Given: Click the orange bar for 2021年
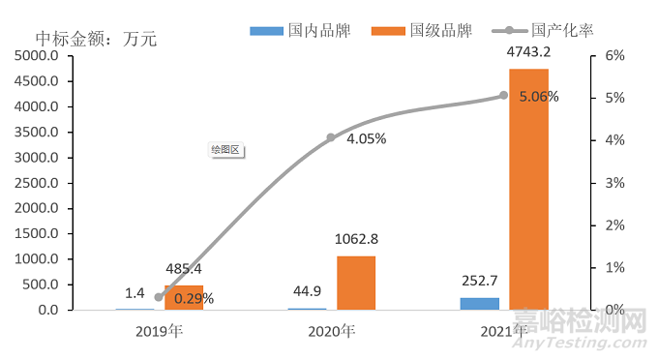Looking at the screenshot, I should [528, 189].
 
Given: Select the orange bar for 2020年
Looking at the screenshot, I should [356, 283].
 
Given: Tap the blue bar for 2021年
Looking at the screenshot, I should [480, 303].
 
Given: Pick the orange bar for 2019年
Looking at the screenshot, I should [184, 297].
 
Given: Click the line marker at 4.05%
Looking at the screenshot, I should [331, 137].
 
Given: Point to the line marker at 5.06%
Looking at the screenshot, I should [503, 95].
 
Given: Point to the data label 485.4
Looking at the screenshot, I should [183, 269].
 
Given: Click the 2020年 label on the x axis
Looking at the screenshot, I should [331, 331].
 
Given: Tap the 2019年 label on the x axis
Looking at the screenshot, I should [159, 331].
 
